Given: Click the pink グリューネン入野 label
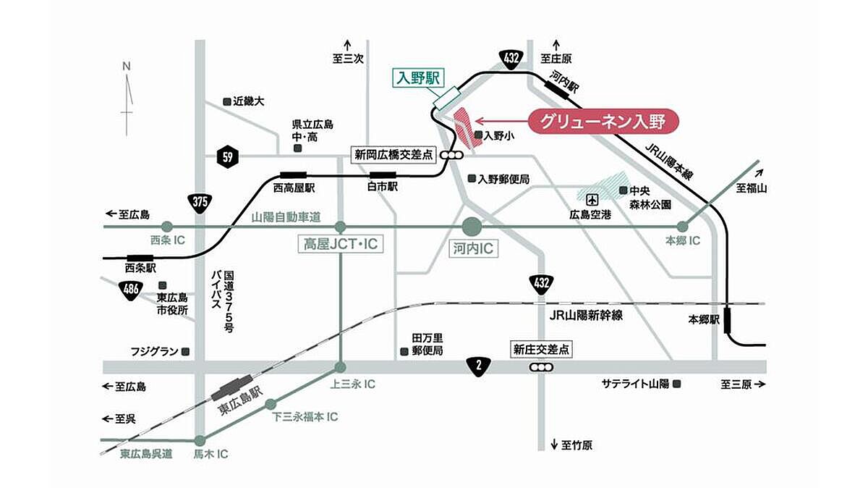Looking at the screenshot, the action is point(603,122).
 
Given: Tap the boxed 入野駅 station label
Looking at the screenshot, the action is point(419,79).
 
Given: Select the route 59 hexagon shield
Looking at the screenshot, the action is point(228,156).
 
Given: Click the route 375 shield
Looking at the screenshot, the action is point(200,203).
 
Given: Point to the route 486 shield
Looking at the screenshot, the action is point(131,290).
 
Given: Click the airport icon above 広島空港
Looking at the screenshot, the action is point(592,200).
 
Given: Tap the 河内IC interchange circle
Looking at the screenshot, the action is point(472,227).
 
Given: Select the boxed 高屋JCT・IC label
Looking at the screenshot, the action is point(341,244).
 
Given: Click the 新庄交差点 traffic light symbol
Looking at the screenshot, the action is point(541,367).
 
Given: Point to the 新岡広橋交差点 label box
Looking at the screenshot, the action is point(393,155).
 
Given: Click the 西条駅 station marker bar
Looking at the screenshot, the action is point(140,258).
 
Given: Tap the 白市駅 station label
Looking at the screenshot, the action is point(383,187).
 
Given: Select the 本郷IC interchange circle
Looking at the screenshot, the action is point(682,227).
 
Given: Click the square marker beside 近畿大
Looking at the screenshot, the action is point(227,101).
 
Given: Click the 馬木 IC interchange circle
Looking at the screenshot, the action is point(200,441).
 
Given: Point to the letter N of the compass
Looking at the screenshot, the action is point(127,67).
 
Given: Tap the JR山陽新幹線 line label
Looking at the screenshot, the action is point(586,316).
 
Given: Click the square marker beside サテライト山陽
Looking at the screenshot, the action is point(677,384).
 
